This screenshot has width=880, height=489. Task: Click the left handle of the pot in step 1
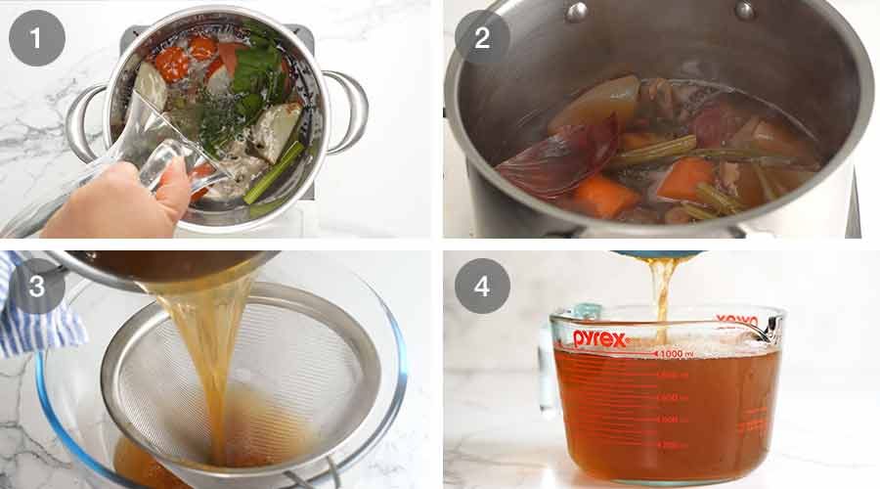(84, 122)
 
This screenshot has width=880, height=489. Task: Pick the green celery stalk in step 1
(275, 172)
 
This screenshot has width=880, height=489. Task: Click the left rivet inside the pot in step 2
(577, 12)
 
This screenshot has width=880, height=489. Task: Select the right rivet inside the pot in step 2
(746, 11)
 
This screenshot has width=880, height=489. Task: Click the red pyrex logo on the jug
(599, 338)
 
